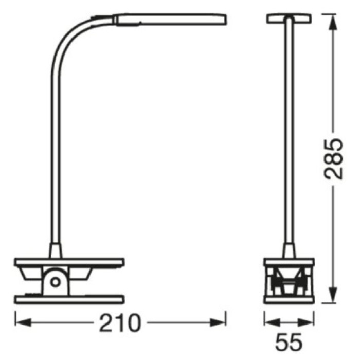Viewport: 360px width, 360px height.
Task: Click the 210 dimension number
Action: (120, 322)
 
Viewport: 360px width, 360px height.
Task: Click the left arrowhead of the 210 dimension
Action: (23, 322)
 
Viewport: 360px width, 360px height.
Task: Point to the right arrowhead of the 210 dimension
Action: (218, 322)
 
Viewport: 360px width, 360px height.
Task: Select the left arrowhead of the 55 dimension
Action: (272, 322)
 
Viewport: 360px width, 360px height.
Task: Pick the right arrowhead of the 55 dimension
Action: (306, 322)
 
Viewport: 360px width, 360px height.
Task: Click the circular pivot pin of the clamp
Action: (55, 282)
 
